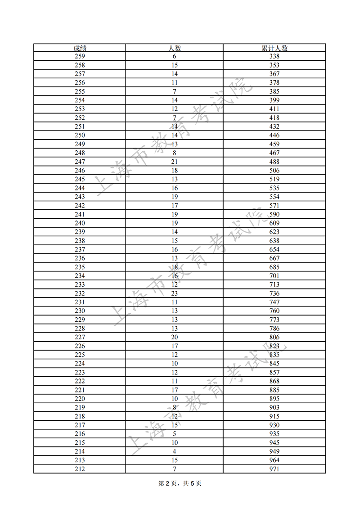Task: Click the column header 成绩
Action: [x=80, y=48]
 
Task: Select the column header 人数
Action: [x=175, y=48]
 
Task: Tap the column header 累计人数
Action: [x=274, y=48]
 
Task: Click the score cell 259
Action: [x=80, y=56]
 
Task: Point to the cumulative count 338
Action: [x=274, y=56]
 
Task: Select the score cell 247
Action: [x=80, y=162]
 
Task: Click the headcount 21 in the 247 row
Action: [x=175, y=162]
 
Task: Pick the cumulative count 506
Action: [x=274, y=171]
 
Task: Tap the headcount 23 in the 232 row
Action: [x=175, y=293]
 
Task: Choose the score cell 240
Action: [x=80, y=223]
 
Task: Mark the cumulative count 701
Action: [x=274, y=276]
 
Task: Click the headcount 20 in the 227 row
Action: [x=175, y=338]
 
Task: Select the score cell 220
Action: [x=80, y=399]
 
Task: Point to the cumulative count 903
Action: [x=274, y=408]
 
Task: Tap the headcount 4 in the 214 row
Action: [x=175, y=451]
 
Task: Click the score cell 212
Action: [x=80, y=469]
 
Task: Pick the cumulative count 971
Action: [x=274, y=469]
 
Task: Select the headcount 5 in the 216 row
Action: [x=175, y=434]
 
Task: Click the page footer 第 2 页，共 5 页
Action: [x=180, y=484]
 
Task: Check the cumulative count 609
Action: [x=274, y=223]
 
